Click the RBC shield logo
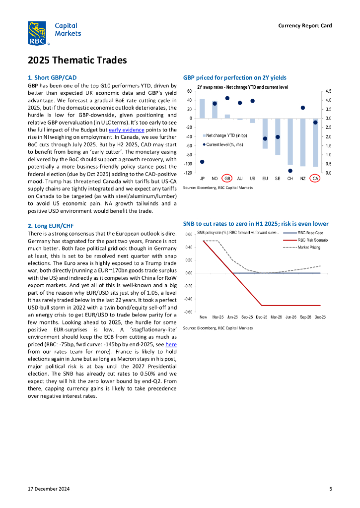click(x=37, y=33)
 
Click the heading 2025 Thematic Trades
click(x=77, y=61)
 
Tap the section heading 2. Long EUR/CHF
click(x=50, y=226)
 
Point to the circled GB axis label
click(x=227, y=178)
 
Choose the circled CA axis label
click(x=315, y=178)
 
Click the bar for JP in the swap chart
click(x=202, y=109)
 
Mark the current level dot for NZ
click(x=302, y=108)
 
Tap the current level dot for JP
click(x=202, y=162)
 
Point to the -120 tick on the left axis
click(x=188, y=173)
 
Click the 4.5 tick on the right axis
click(x=329, y=91)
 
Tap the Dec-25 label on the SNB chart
click(x=262, y=317)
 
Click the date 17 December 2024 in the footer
click(x=49, y=489)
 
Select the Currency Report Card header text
click(x=305, y=26)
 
